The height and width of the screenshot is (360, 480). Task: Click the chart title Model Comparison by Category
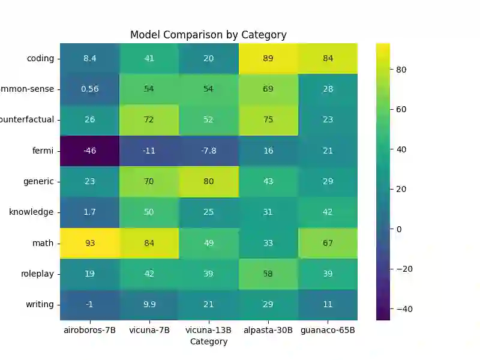208,35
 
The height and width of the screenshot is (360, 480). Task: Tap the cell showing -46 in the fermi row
89,151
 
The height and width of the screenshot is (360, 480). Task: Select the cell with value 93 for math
89,243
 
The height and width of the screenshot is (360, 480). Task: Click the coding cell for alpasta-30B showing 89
268,58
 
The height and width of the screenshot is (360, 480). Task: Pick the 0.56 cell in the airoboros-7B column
89,89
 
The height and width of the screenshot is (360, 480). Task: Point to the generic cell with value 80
208,181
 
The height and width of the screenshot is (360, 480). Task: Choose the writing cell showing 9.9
149,304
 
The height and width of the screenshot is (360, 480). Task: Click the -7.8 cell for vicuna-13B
208,151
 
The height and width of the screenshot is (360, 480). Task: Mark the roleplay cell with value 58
268,274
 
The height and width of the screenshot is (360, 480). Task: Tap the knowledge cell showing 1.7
89,212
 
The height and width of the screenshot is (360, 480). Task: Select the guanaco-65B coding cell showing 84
328,58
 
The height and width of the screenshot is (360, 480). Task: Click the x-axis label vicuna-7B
149,331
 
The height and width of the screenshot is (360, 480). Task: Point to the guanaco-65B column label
328,331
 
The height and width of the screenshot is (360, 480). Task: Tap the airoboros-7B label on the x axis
89,331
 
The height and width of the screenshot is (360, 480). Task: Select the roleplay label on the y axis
37,274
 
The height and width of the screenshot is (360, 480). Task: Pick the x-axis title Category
208,341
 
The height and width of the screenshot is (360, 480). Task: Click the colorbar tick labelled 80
401,70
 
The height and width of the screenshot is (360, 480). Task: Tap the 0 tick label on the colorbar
399,229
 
